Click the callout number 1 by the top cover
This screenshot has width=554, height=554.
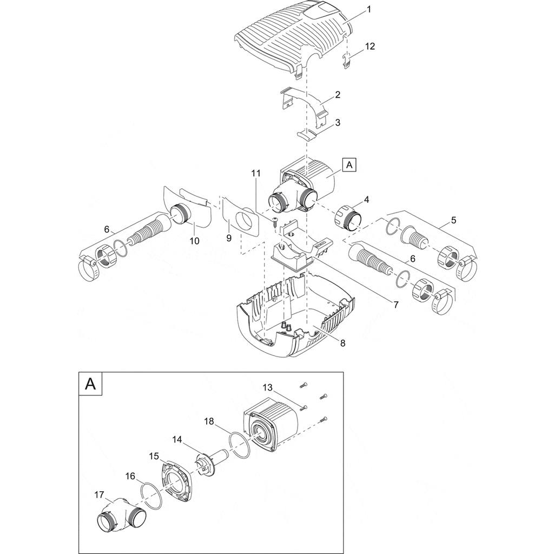(368, 9)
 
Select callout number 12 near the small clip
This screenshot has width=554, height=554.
(370, 47)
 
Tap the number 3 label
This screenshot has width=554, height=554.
(338, 123)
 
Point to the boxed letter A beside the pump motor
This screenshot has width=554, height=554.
(349, 164)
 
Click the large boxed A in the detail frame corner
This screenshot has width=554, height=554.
(91, 384)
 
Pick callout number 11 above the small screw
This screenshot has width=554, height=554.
(256, 173)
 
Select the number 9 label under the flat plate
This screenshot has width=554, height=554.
(229, 238)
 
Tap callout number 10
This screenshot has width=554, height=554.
(194, 240)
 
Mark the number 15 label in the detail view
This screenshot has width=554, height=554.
(153, 456)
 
